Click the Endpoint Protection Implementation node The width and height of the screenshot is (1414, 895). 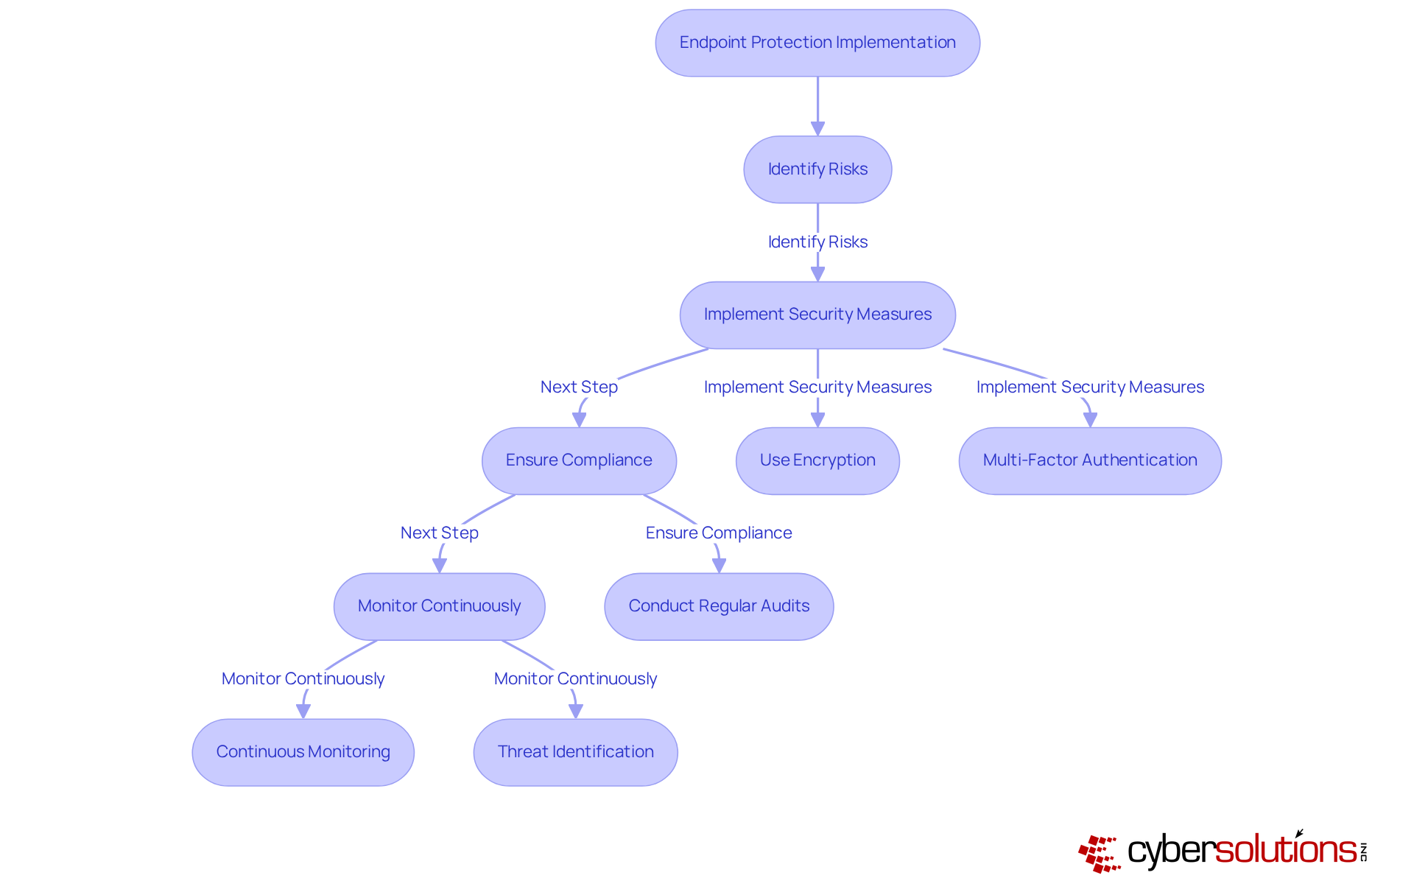pos(817,43)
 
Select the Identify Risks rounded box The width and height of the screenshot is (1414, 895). pos(817,169)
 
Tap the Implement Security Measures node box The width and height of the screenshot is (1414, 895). pos(817,315)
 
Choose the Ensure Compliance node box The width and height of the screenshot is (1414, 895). pos(579,460)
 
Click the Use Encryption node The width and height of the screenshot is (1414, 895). pos(817,460)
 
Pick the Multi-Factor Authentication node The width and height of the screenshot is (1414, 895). pos(1090,460)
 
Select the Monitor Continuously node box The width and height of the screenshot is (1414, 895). pos(439,606)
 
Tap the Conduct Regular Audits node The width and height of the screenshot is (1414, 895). pos(719,606)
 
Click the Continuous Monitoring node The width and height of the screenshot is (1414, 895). pos(303,752)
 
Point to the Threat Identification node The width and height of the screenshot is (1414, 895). pos(575,752)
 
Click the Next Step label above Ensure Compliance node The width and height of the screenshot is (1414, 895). pos(579,387)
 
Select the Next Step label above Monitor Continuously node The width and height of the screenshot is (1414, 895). pos(439,533)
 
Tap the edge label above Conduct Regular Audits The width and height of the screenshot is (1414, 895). pos(719,533)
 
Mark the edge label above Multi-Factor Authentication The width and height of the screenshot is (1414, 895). pos(1090,387)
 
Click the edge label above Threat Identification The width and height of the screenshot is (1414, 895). pos(575,678)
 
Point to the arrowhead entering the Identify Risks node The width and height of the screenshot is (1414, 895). pos(817,129)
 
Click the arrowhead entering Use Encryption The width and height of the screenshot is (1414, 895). pos(817,420)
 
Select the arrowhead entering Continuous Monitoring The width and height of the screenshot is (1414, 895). pos(303,712)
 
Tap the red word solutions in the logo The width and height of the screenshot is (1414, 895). pos(1285,850)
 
